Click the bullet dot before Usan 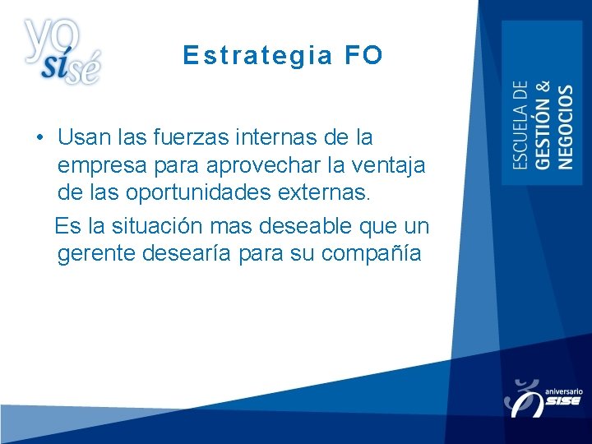point(39,136)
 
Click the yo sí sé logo point(62,51)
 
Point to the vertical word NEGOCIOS point(566,127)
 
